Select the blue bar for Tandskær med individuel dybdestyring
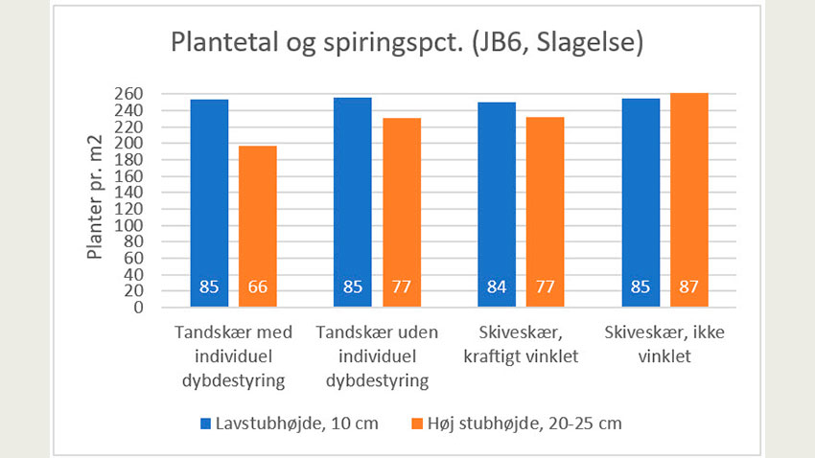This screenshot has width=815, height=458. [208, 201]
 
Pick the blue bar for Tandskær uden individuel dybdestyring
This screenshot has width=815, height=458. [353, 201]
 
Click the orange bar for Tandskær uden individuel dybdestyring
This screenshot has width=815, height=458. [401, 211]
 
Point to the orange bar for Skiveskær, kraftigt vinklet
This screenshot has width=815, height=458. [544, 211]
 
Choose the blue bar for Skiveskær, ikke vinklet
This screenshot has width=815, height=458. [640, 201]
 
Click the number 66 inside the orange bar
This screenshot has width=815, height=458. [257, 286]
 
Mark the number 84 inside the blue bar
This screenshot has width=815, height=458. [496, 286]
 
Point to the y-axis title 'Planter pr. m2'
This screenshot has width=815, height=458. [96, 199]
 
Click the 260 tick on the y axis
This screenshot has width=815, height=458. [131, 94]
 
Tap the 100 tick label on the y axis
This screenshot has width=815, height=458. [131, 225]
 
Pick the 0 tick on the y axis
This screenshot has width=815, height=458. [138, 308]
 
